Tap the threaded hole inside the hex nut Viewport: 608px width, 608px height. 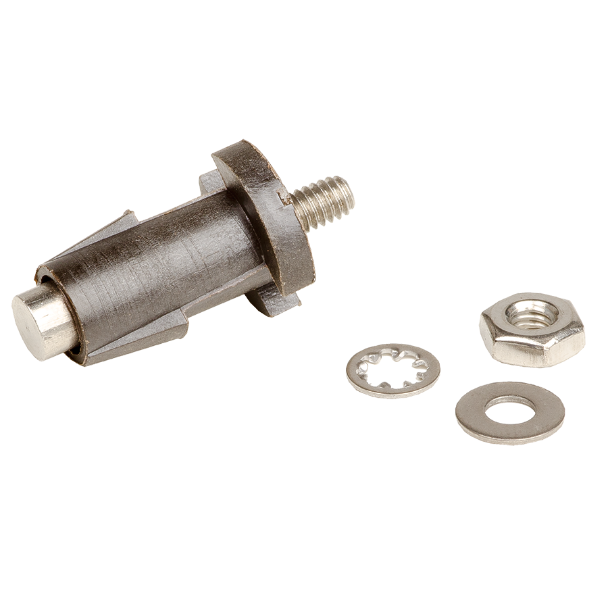point(532,315)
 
